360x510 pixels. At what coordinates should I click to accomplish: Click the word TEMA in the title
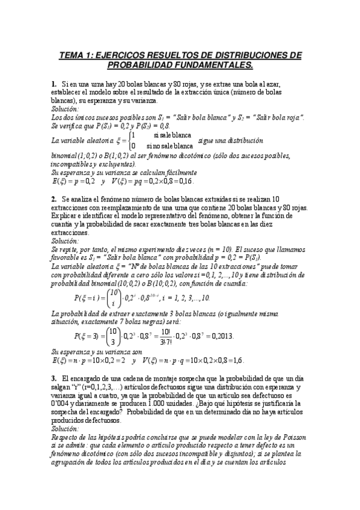(x=72, y=55)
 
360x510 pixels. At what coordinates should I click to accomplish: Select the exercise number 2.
(x=53, y=198)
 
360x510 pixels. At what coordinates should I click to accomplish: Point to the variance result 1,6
(x=236, y=360)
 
